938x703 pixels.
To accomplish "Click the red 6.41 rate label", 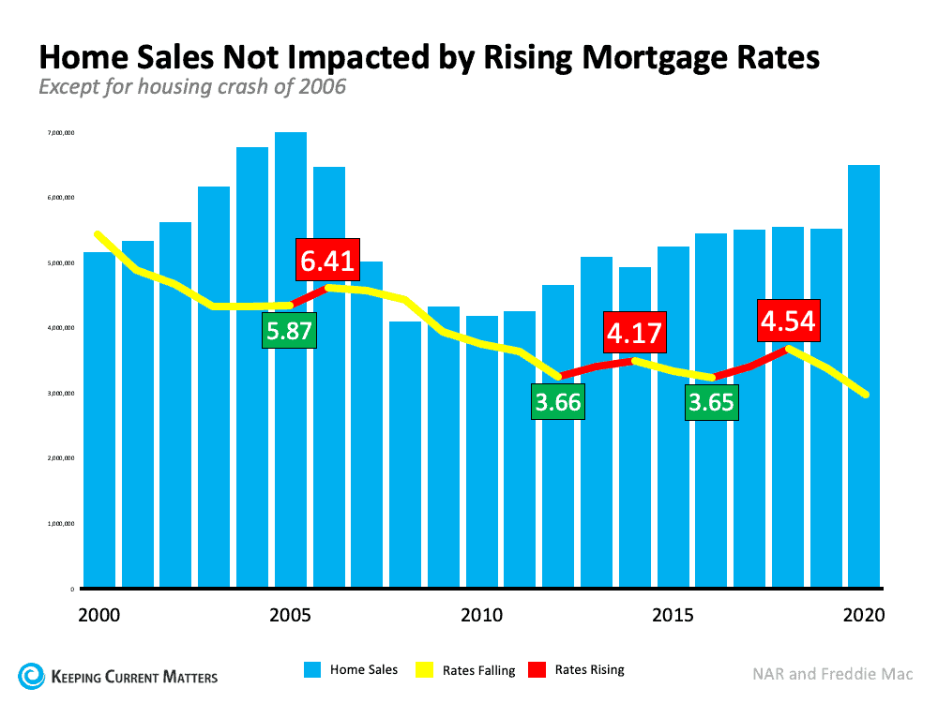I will tap(326, 260).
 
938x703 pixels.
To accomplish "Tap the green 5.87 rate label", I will tap(290, 331).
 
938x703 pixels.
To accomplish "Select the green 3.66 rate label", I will tap(558, 403).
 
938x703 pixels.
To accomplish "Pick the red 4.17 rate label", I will tap(634, 333).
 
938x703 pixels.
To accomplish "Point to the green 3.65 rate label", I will tap(711, 403).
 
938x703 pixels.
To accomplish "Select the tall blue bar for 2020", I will tap(864, 375).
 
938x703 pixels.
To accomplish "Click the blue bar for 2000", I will tap(98, 422).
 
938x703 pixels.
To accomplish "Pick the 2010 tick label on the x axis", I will tap(481, 616).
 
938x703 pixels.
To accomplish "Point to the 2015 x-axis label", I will tap(673, 616).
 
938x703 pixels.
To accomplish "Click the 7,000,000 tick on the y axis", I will tap(60, 133).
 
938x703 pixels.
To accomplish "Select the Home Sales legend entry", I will tap(351, 670).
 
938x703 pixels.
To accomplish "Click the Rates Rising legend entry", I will tap(578, 670).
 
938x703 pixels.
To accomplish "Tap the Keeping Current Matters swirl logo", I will tap(31, 675).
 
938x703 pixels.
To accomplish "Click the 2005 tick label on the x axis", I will tap(290, 616).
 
